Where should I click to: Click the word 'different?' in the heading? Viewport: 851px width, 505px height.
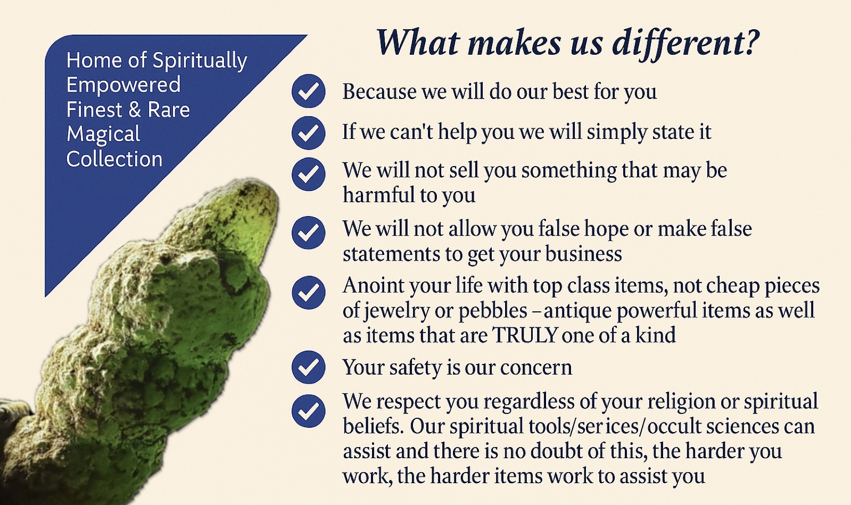click(685, 43)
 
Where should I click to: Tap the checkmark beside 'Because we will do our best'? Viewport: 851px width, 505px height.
click(309, 91)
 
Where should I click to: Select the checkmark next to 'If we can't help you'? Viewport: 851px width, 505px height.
click(309, 133)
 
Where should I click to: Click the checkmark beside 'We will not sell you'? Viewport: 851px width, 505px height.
click(309, 175)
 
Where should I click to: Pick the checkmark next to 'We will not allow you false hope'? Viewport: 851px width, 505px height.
click(309, 233)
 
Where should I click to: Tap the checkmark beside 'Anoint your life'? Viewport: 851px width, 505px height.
click(309, 293)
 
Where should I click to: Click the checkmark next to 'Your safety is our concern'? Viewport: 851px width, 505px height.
click(309, 367)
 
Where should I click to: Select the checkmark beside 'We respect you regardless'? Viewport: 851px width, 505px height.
click(309, 411)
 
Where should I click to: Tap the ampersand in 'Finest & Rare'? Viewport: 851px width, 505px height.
click(135, 110)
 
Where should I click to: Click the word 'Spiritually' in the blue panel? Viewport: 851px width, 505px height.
click(200, 61)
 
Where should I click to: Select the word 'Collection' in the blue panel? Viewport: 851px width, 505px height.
click(114, 159)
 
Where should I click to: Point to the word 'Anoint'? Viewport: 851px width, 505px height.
click(374, 285)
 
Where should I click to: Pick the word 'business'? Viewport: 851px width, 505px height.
click(583, 253)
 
